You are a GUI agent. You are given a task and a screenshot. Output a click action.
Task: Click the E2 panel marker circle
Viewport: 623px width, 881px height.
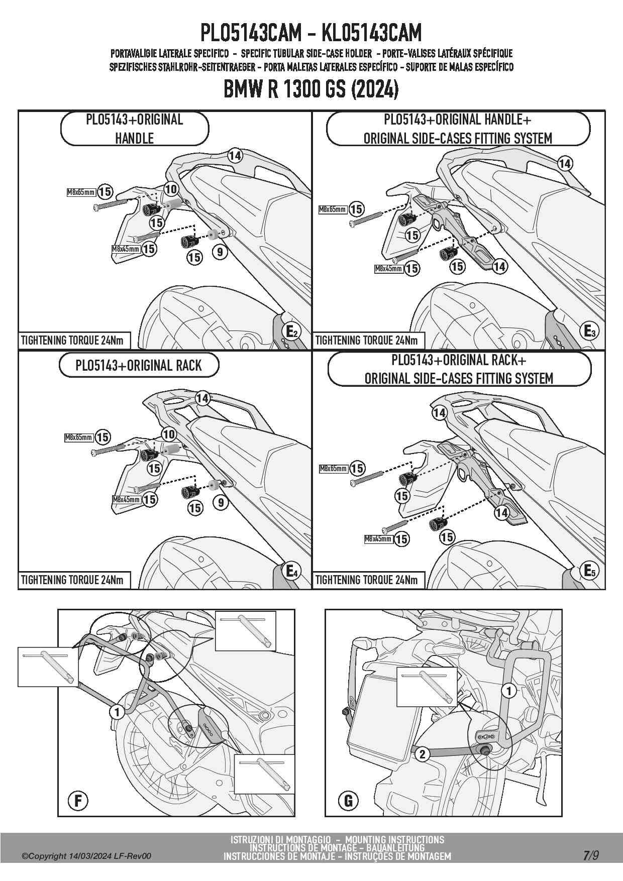(292, 332)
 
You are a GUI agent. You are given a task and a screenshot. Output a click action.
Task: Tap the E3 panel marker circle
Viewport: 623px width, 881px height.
(590, 331)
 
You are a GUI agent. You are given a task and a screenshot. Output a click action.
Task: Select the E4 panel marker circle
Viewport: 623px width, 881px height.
(292, 571)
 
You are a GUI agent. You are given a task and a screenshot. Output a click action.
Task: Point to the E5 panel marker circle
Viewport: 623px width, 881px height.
(590, 571)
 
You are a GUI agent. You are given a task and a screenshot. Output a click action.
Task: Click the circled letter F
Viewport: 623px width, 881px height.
(78, 800)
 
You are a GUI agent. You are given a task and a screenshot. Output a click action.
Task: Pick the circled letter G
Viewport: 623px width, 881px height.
(348, 800)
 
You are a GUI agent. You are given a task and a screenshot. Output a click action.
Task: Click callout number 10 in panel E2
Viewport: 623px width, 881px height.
(171, 189)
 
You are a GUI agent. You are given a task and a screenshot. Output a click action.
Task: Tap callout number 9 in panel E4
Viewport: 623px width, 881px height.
(221, 502)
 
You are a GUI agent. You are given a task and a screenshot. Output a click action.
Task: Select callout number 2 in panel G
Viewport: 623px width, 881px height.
(423, 754)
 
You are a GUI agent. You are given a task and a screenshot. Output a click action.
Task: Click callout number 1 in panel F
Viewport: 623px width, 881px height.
(117, 712)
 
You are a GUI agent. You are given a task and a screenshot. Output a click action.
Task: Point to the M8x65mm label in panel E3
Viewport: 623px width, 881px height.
(333, 209)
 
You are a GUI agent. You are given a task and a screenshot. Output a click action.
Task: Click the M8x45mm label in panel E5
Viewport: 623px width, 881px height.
(378, 539)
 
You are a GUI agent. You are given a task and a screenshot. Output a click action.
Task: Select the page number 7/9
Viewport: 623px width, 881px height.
(591, 855)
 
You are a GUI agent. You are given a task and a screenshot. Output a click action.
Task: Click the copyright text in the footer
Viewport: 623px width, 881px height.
(86, 856)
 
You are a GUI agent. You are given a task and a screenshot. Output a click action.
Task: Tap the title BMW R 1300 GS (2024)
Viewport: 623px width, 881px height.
(311, 89)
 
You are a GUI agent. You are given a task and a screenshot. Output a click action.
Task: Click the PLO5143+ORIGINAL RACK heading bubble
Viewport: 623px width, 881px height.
(139, 365)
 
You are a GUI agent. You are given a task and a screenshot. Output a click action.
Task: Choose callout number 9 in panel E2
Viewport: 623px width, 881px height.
(220, 252)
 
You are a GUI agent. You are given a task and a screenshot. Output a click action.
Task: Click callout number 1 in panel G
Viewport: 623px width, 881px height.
(509, 691)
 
